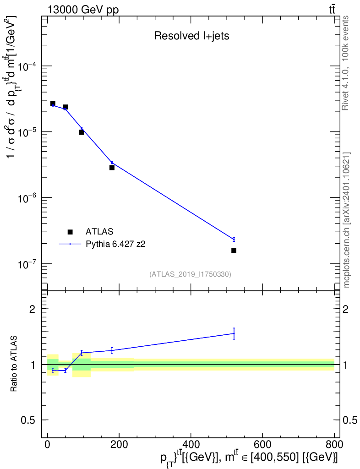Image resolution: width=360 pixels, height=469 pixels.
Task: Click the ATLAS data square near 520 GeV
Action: pyautogui.click(x=234, y=250)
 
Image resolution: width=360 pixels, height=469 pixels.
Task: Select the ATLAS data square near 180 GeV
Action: pyautogui.click(x=112, y=168)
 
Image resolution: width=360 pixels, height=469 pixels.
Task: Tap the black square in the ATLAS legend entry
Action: pyautogui.click(x=70, y=232)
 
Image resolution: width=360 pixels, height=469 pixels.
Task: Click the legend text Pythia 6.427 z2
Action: pyautogui.click(x=116, y=244)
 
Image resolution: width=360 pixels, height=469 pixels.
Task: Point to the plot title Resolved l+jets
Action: pyautogui.click(x=191, y=36)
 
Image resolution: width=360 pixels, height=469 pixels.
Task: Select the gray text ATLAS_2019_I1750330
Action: pyautogui.click(x=190, y=274)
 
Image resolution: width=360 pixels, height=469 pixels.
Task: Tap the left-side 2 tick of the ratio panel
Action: pyautogui.click(x=33, y=309)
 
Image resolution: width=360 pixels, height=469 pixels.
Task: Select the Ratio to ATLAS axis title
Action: pyautogui.click(x=14, y=364)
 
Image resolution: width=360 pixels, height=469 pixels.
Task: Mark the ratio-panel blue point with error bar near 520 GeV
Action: pyautogui.click(x=234, y=333)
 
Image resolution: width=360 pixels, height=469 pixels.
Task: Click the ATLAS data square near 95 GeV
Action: pyautogui.click(x=82, y=132)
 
